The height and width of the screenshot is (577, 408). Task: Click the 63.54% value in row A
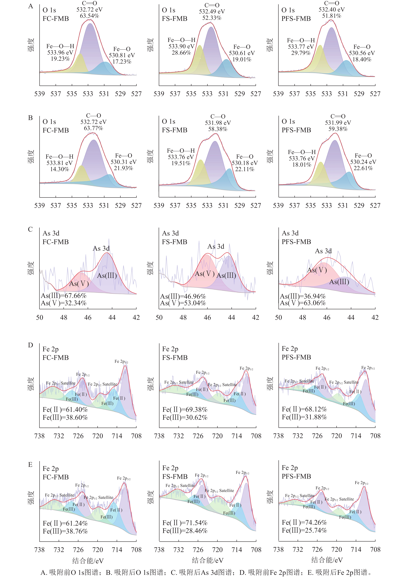click(x=90, y=16)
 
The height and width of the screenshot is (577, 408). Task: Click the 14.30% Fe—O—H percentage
click(x=60, y=169)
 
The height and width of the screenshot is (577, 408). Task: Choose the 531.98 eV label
click(x=218, y=123)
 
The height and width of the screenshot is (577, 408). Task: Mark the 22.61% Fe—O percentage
click(x=363, y=168)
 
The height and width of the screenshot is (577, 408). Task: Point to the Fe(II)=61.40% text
click(x=65, y=410)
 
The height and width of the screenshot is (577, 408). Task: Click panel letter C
click(x=30, y=229)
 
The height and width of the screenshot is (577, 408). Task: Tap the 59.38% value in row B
click(x=338, y=129)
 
